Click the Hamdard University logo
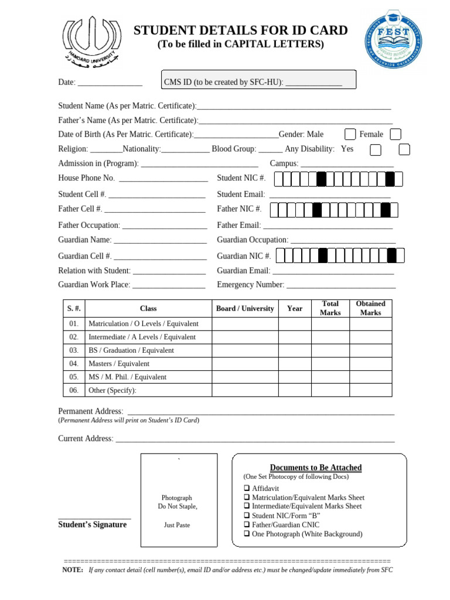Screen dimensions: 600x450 (88, 43)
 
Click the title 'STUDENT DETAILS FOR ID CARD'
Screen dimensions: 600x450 (241, 30)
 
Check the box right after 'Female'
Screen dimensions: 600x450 (396, 134)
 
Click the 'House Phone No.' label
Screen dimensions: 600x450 (86, 178)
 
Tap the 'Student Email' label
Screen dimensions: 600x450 (241, 194)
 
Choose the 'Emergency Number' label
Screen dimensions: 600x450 (250, 285)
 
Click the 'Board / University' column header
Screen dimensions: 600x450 (245, 308)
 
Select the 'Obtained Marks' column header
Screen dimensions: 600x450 (370, 308)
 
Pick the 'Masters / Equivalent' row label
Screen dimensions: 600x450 (118, 364)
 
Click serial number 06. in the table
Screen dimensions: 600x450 (74, 390)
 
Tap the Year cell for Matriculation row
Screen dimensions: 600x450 (295, 323)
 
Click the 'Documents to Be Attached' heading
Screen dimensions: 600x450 (315, 468)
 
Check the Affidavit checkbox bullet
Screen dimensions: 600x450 (247, 488)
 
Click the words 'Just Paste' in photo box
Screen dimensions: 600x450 (177, 525)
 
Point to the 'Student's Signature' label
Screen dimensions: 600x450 (93, 524)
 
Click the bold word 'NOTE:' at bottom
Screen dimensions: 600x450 (73, 570)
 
